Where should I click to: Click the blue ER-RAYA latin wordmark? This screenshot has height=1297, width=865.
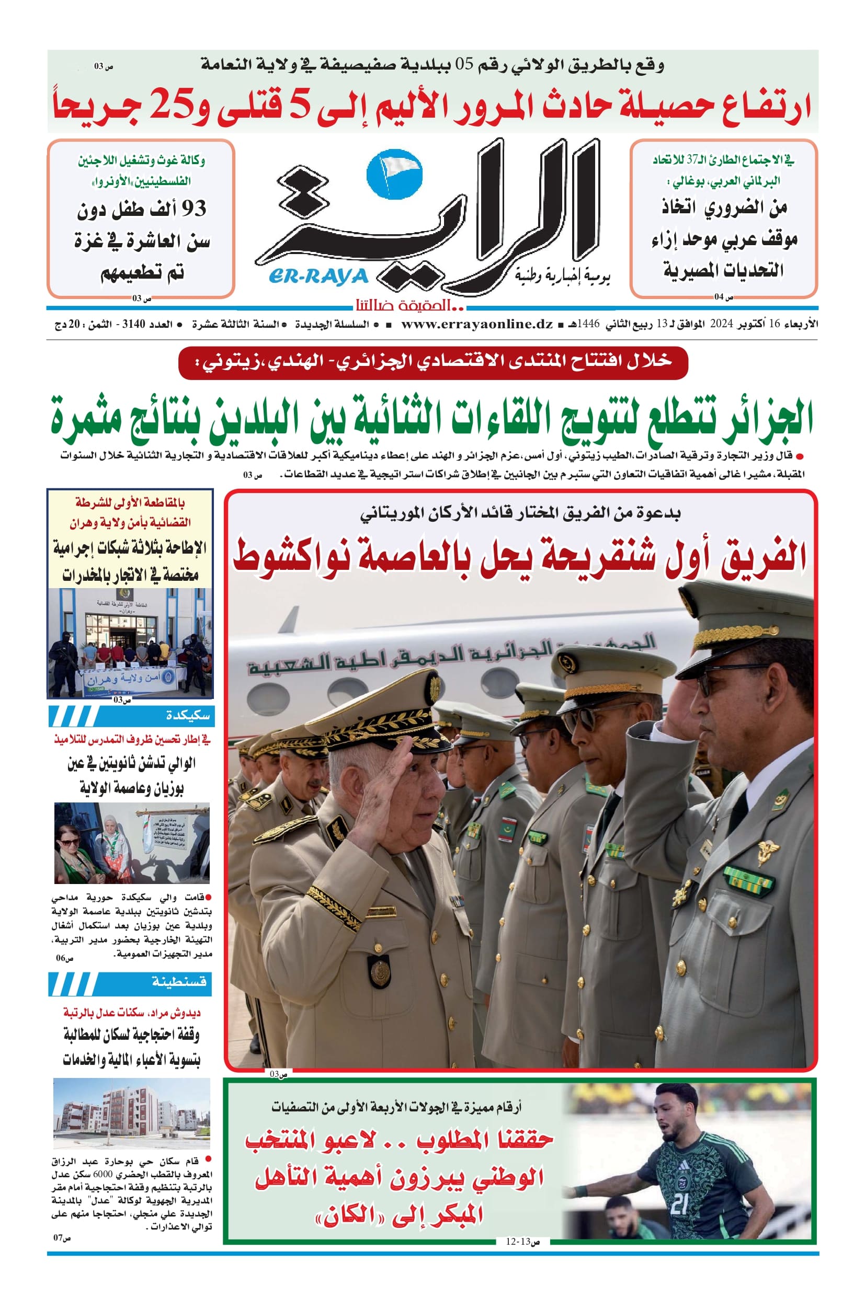tap(318, 276)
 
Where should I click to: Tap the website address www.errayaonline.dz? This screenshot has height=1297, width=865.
tap(476, 324)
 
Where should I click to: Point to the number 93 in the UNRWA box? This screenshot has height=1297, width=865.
tap(193, 209)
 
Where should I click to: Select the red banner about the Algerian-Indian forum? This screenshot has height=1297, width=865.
tap(433, 362)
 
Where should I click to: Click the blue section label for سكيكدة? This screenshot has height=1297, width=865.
tap(131, 716)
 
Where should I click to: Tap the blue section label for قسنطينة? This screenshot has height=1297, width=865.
tap(131, 982)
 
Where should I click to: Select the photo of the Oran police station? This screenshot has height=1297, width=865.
tap(130, 642)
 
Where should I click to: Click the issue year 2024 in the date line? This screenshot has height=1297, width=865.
tap(721, 324)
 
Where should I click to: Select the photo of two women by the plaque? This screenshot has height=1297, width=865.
tap(132, 843)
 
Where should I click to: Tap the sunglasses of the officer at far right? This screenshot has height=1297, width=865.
tap(712, 682)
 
